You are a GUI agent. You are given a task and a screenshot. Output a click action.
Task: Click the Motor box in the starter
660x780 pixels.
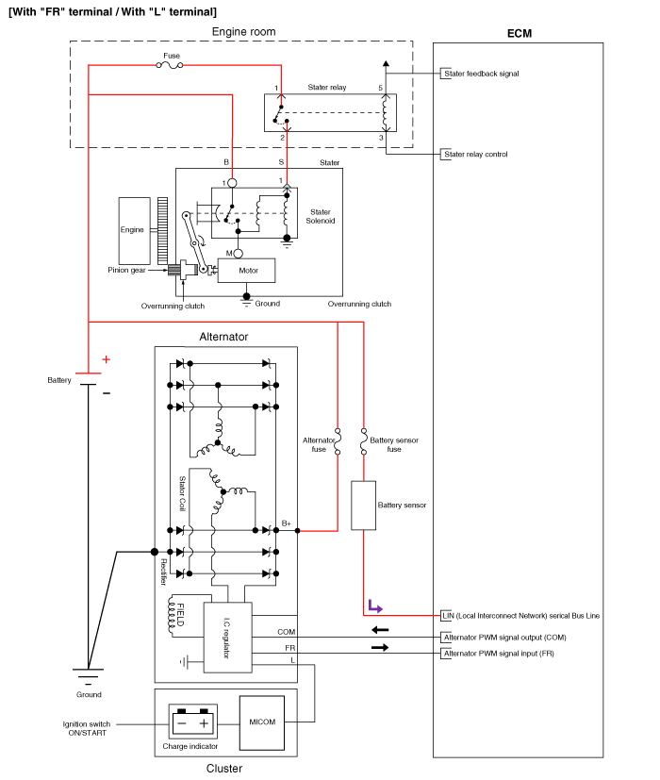(246, 271)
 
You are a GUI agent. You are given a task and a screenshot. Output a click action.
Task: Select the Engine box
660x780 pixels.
(133, 230)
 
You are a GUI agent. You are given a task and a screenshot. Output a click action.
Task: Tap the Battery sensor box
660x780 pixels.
(364, 505)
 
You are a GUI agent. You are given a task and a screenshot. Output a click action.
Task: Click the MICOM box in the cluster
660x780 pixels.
(261, 722)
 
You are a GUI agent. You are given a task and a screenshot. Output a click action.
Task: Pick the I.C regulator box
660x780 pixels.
(226, 637)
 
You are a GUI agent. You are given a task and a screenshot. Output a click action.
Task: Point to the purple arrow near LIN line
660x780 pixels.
(374, 605)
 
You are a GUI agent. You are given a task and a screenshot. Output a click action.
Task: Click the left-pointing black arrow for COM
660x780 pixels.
(379, 629)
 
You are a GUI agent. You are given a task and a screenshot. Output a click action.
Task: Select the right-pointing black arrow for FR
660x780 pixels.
(379, 648)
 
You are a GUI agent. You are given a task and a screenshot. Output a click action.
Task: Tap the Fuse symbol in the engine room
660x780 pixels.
(171, 65)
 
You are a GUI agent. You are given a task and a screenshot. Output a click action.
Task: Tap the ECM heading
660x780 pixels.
(519, 33)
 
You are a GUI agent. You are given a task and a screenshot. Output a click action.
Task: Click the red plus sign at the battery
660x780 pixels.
(106, 359)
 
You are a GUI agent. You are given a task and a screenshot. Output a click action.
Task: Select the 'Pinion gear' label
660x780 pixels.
(124, 270)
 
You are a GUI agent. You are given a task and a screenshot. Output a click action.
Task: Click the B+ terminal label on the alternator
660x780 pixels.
(288, 523)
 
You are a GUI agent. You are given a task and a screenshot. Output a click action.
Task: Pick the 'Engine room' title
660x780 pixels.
(243, 31)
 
